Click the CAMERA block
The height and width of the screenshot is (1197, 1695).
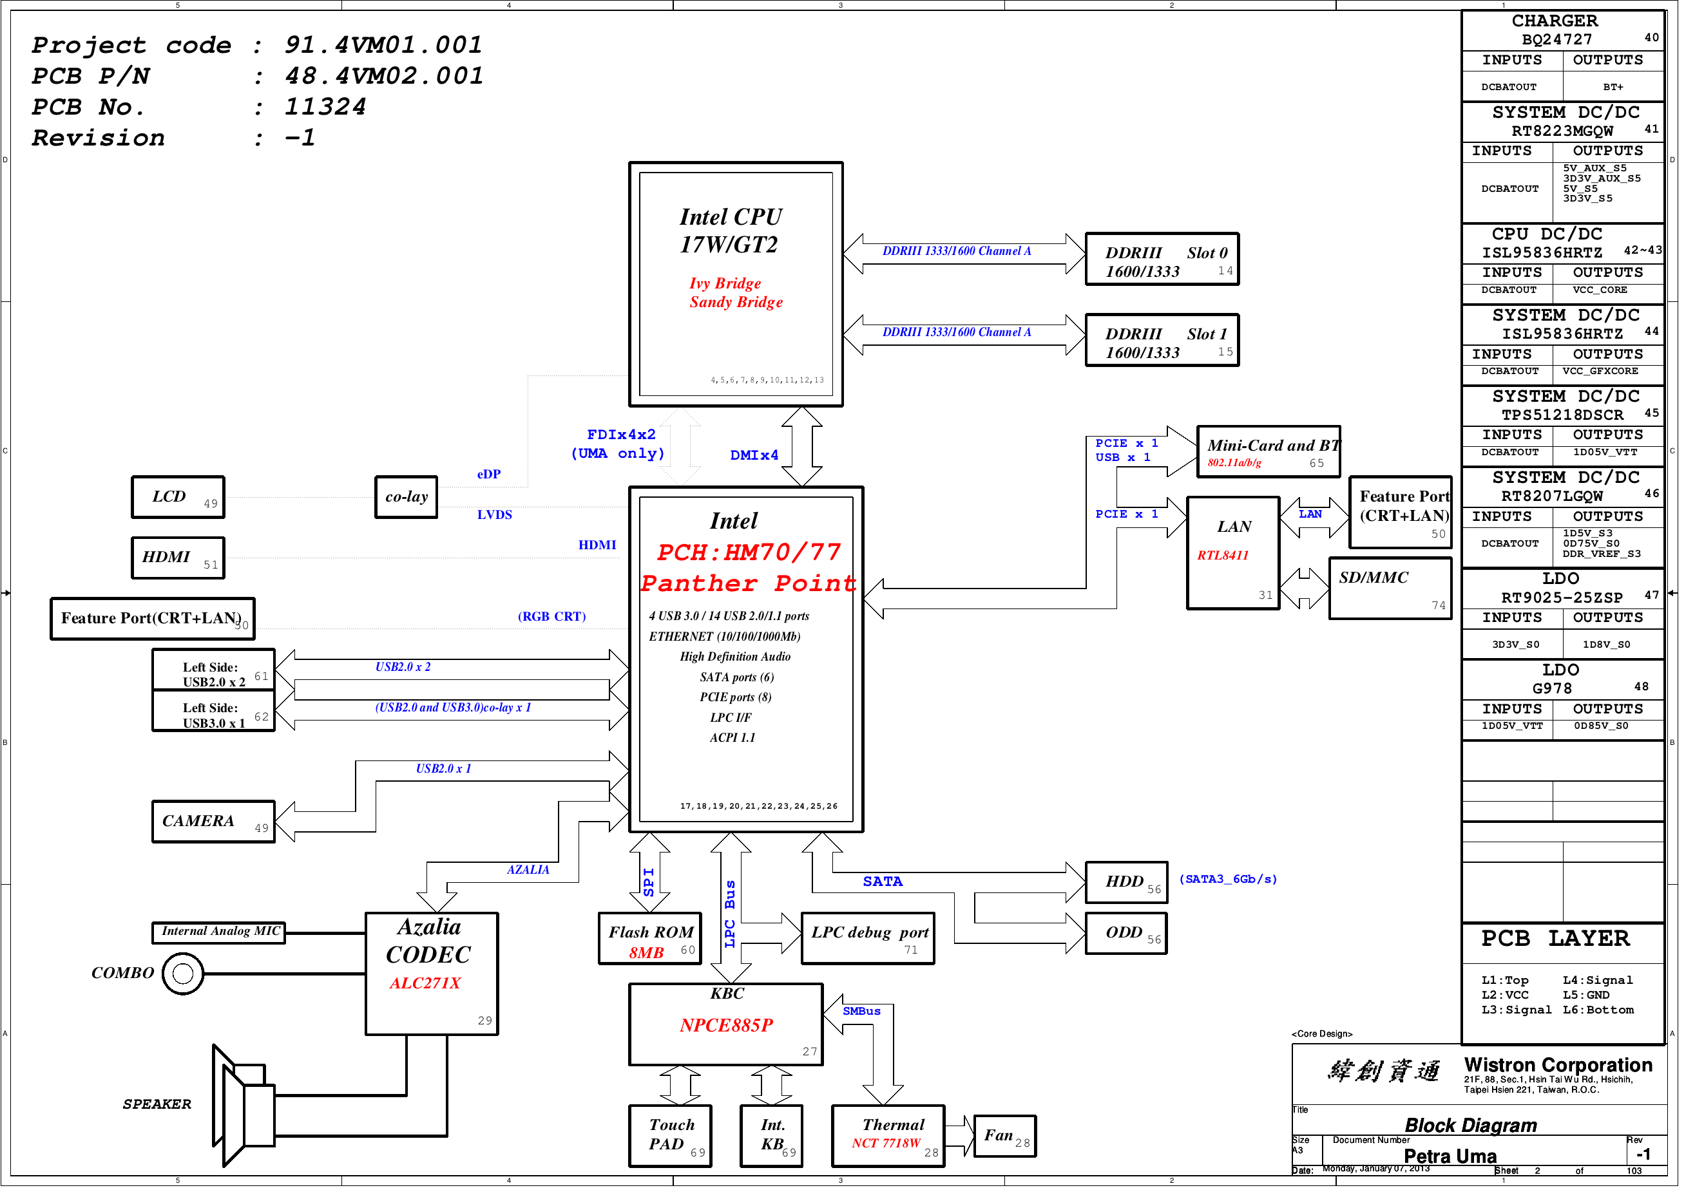[214, 828]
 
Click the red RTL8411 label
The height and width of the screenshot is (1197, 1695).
[1232, 561]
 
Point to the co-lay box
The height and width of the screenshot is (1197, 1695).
[410, 502]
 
